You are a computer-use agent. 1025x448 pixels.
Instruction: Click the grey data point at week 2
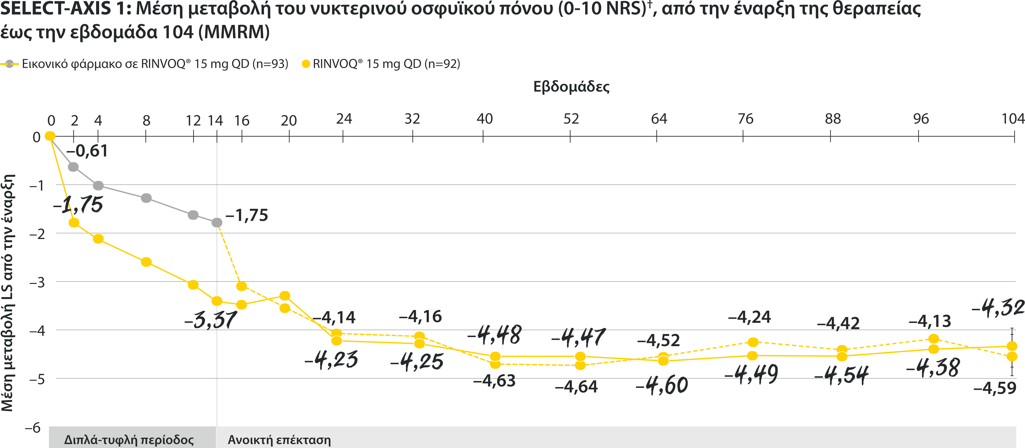(x=73, y=167)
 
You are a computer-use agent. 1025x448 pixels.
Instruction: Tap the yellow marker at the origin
(x=50, y=136)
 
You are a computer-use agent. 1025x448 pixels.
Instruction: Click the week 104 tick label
(x=1013, y=119)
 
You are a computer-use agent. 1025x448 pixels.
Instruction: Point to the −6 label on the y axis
(x=33, y=428)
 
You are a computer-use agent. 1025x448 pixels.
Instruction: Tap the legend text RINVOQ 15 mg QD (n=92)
(x=386, y=64)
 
